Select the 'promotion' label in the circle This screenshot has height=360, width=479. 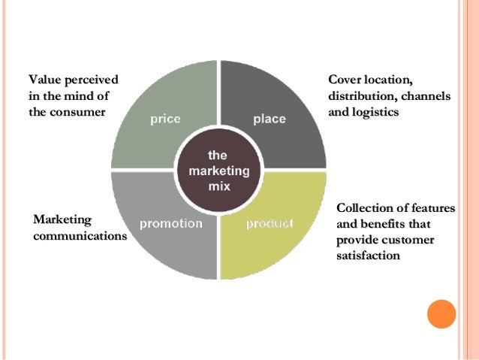(x=171, y=223)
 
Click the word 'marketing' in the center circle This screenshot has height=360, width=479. (x=218, y=170)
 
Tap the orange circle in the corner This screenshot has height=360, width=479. (x=441, y=313)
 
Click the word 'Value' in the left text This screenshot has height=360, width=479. (x=44, y=79)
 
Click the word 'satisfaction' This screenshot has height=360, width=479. (x=369, y=256)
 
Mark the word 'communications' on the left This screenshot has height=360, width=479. (x=80, y=236)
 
